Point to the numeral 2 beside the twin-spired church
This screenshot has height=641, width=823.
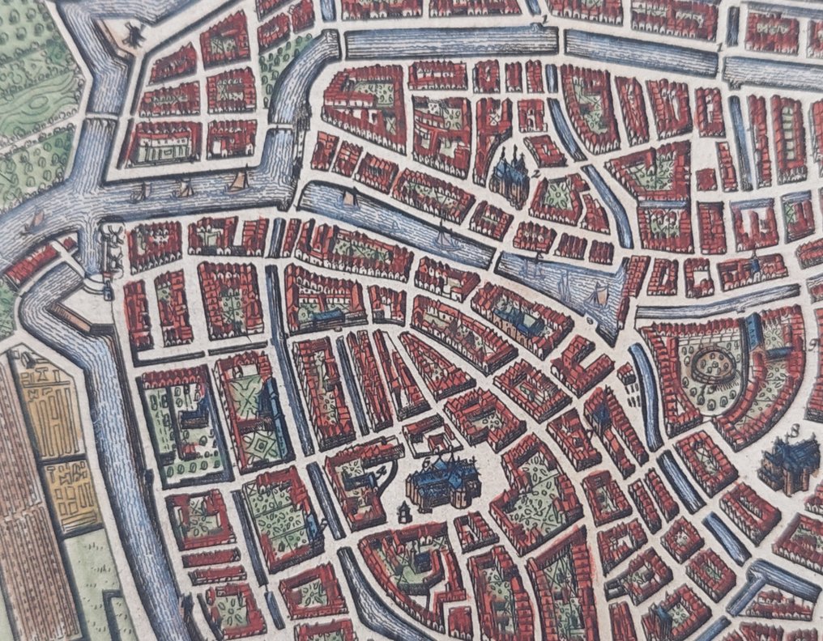(x=536, y=172)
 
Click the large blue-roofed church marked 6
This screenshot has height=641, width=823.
(x=441, y=484)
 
